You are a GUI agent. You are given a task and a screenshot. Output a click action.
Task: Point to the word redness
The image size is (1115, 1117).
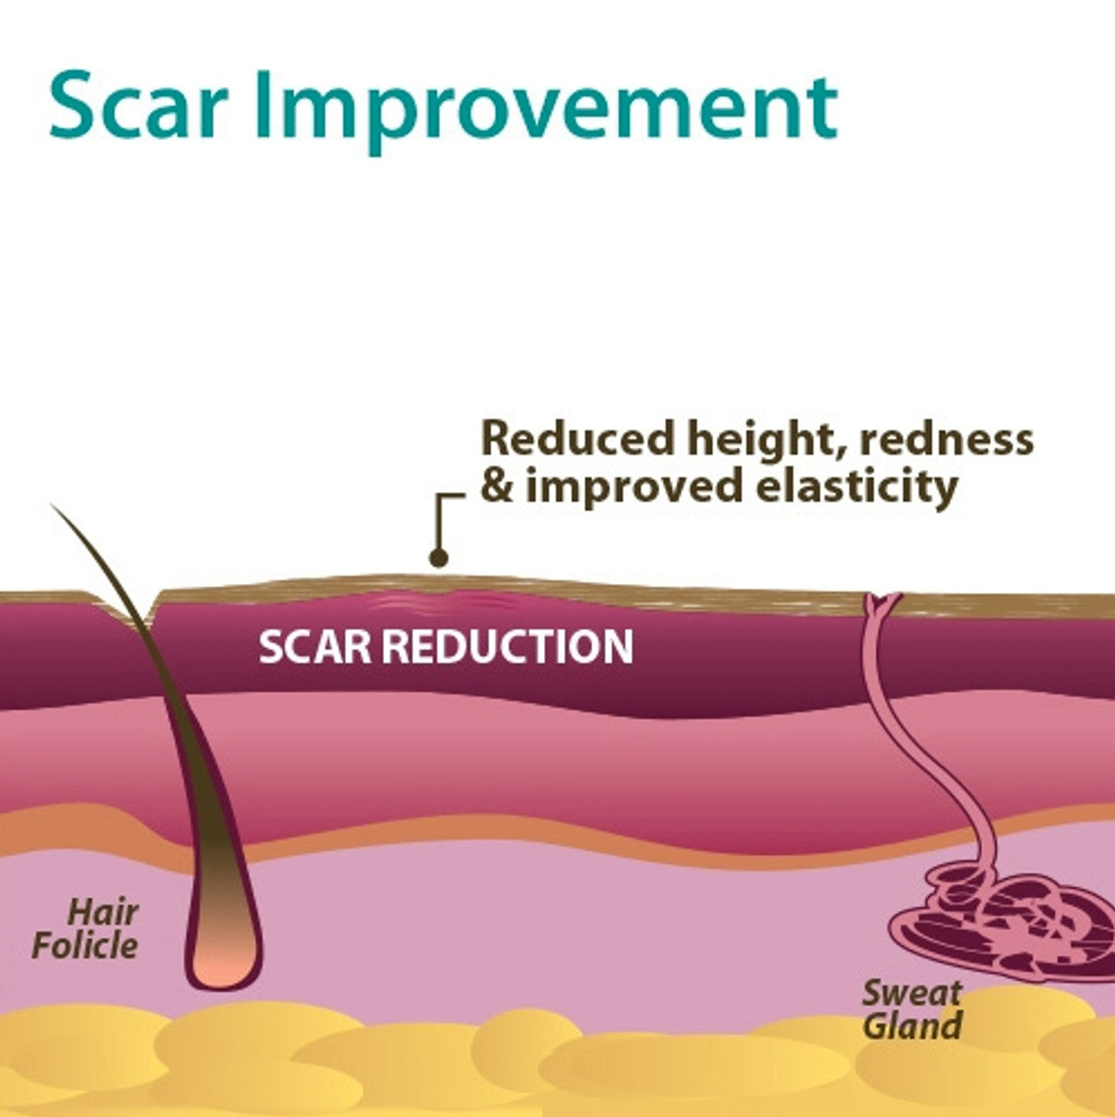pos(946,437)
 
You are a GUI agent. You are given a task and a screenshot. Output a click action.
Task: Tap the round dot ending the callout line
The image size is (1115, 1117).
pos(439,558)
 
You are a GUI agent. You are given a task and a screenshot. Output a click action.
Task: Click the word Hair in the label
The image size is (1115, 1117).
pos(103,913)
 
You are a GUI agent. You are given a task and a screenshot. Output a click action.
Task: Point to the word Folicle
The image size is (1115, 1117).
pos(85,946)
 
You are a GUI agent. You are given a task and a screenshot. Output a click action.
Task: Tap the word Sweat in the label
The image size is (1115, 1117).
pos(912,992)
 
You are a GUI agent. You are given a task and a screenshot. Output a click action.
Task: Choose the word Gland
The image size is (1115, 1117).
pos(912,1025)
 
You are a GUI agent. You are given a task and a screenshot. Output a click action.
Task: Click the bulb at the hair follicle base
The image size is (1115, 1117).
pos(224,960)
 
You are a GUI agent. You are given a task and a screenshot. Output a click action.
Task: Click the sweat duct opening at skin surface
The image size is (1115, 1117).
pos(881,600)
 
